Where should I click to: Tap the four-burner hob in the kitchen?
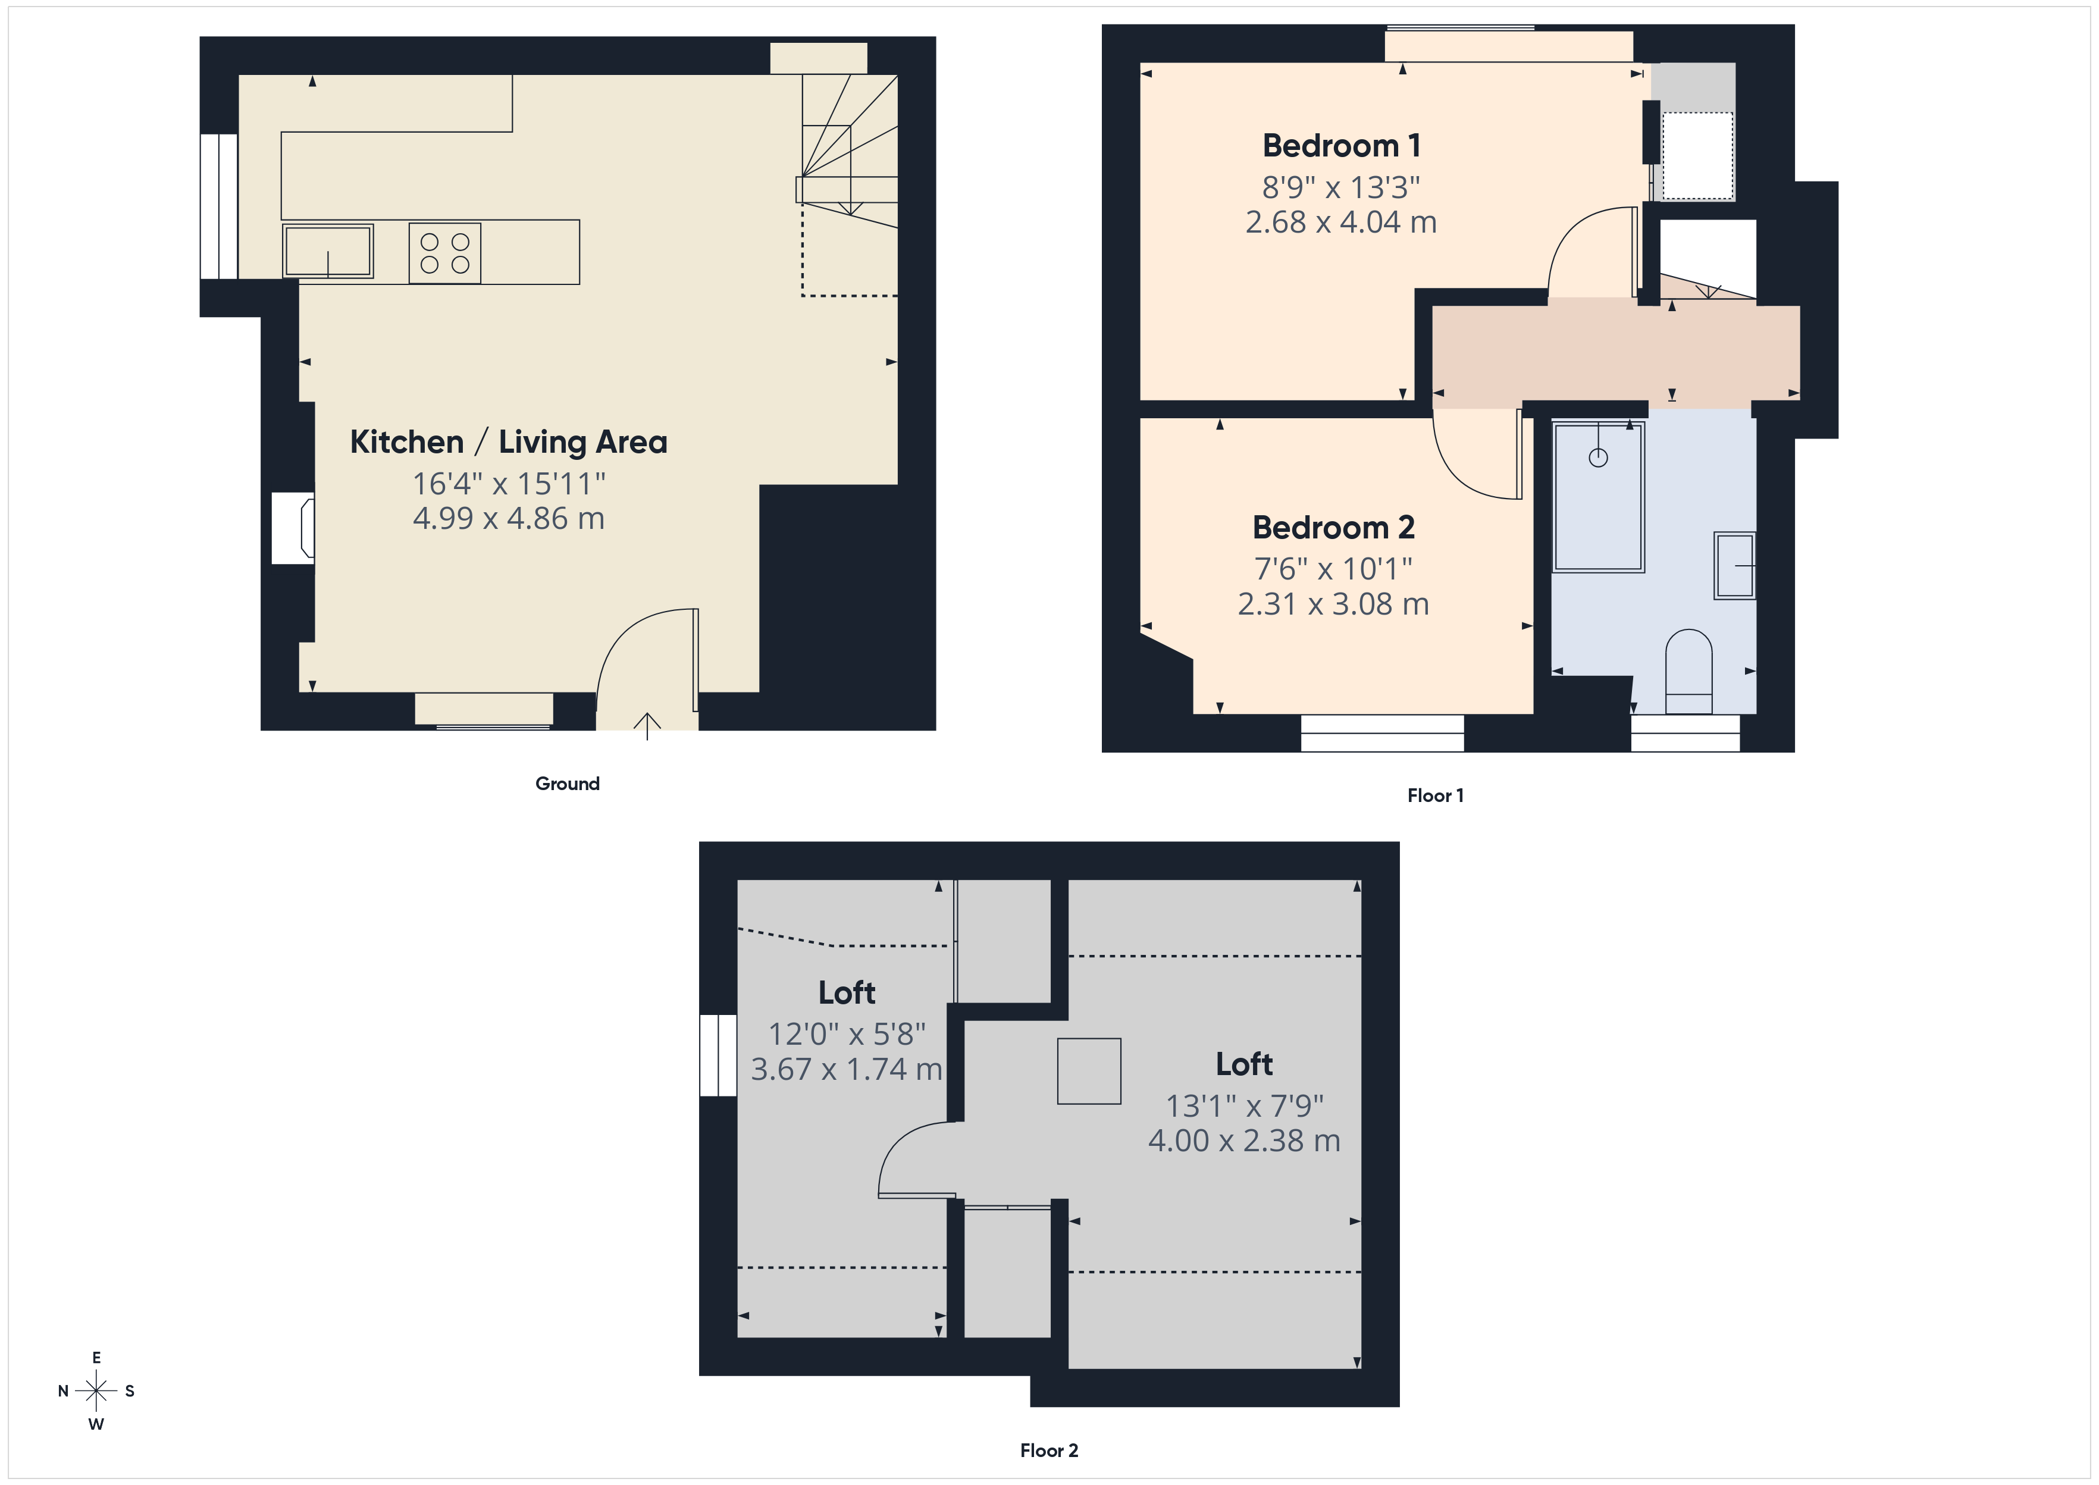click(444, 253)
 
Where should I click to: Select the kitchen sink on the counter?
click(327, 250)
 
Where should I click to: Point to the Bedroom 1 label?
click(1340, 145)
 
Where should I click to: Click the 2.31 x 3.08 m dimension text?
click(1333, 603)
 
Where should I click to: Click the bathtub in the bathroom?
click(1598, 497)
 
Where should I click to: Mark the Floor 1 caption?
click(1434, 795)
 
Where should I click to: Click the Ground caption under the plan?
click(567, 784)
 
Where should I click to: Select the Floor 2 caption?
click(1048, 1450)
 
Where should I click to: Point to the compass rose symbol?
click(96, 1391)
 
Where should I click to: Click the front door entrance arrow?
click(647, 725)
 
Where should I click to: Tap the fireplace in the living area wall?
click(295, 528)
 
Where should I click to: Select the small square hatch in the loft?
click(1089, 1071)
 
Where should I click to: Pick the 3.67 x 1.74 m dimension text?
click(845, 1069)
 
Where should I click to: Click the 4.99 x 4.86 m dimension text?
click(508, 518)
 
